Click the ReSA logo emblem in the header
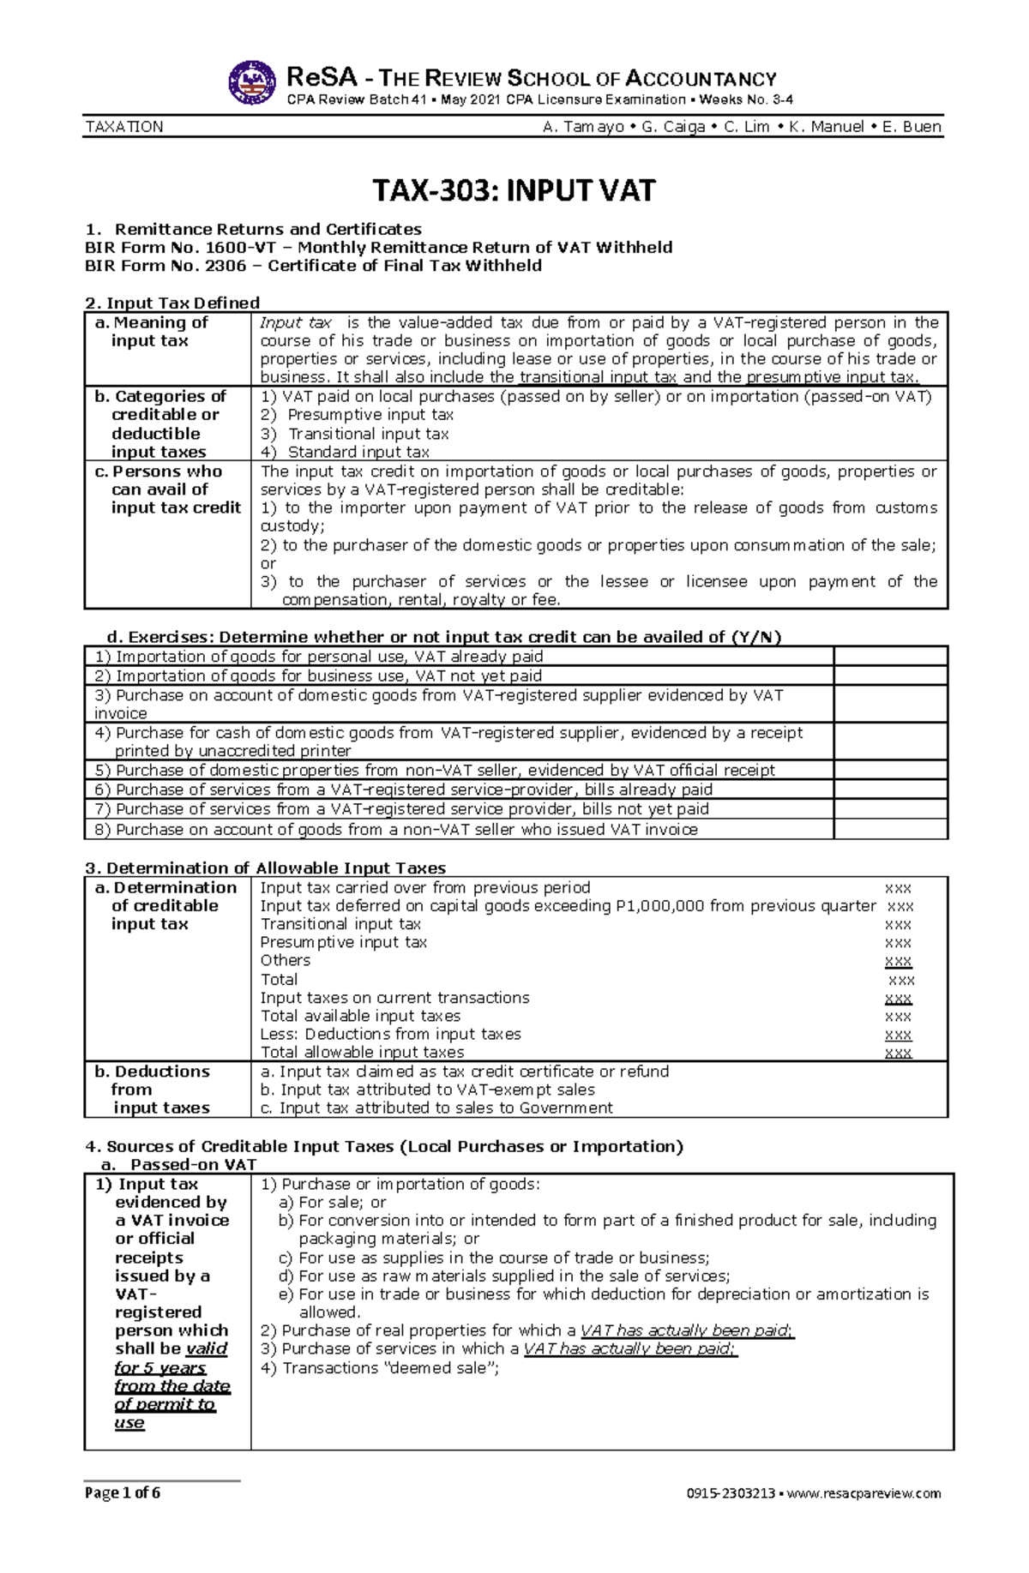[x=252, y=83]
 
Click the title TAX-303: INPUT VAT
[x=514, y=189]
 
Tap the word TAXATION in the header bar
[x=124, y=127]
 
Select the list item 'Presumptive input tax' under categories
[x=370, y=415]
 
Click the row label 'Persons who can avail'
[x=167, y=489]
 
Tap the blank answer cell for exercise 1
[x=890, y=657]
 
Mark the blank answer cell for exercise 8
[x=890, y=830]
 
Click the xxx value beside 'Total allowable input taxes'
[x=898, y=1053]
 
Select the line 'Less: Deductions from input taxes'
[x=390, y=1035]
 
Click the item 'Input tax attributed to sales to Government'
[x=436, y=1108]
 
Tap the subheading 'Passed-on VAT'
[x=193, y=1165]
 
